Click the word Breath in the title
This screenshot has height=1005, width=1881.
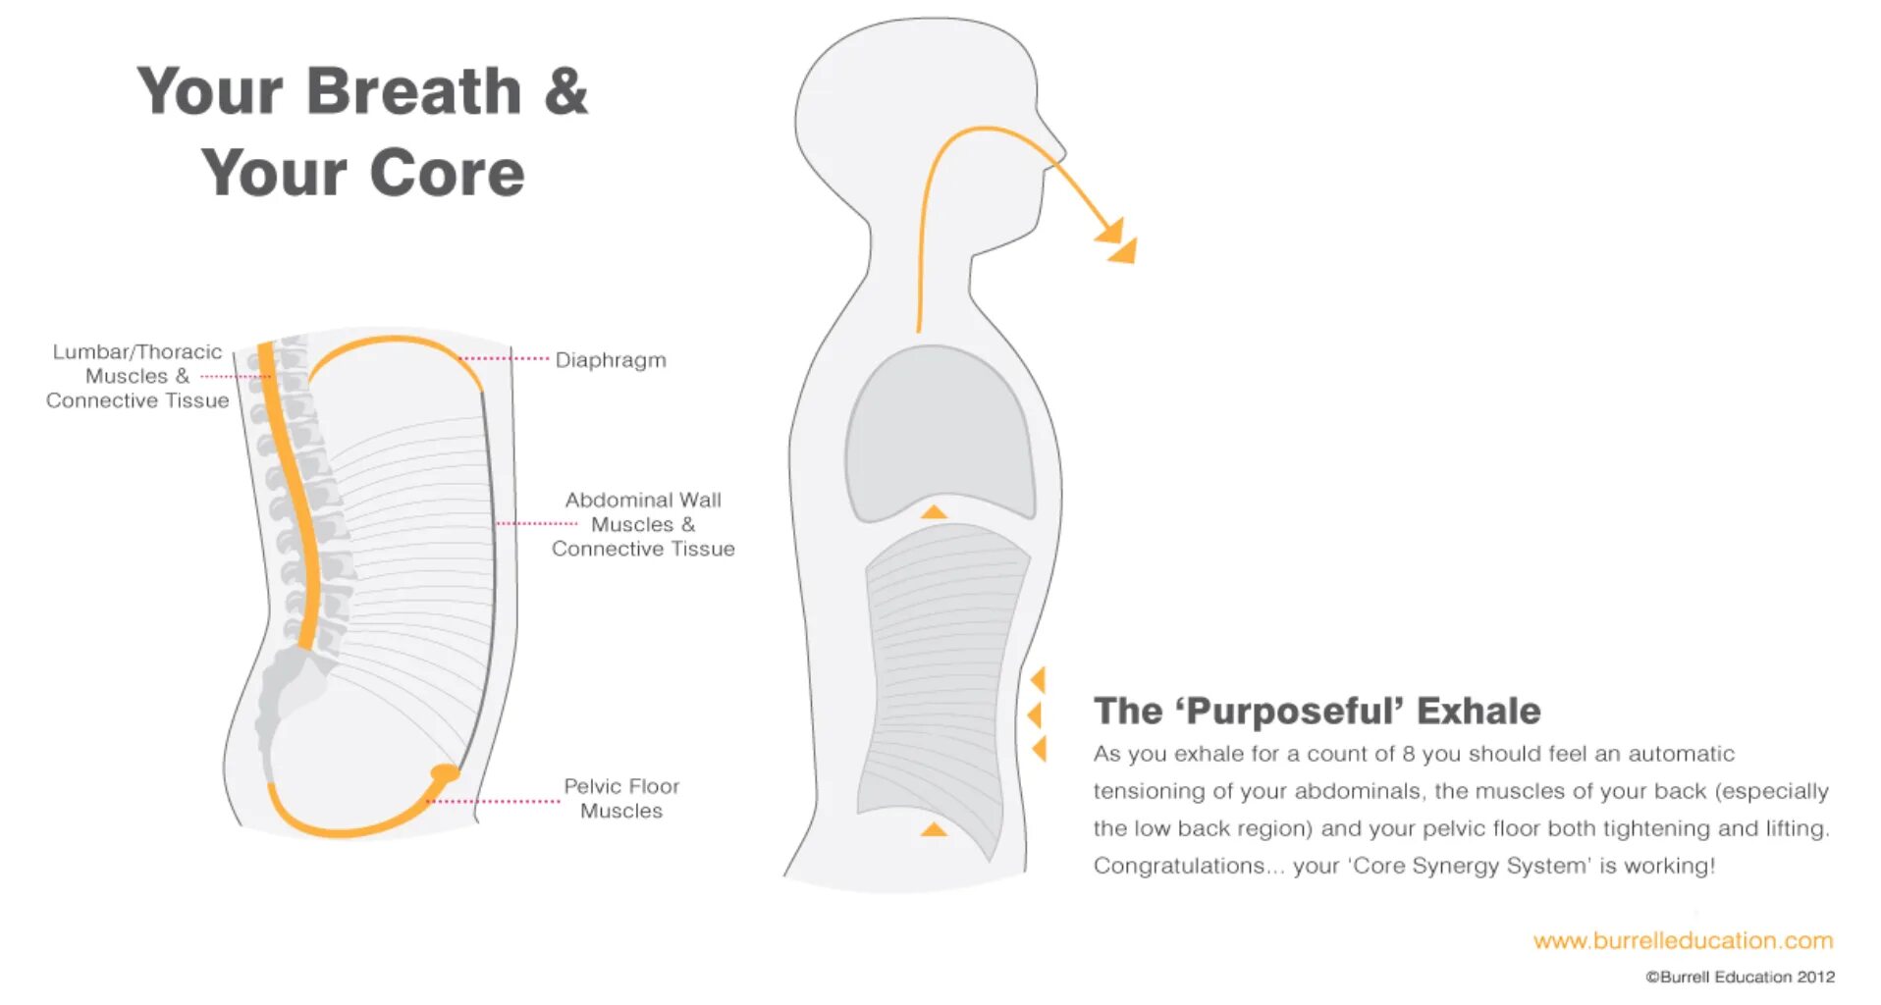pos(413,91)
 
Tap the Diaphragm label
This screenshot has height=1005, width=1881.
pos(610,360)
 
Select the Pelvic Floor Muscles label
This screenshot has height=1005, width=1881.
pos(620,798)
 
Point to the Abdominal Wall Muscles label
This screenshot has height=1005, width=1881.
pos(643,524)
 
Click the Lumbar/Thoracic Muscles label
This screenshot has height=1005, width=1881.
pos(136,376)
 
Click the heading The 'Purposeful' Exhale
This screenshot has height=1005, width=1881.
pos(1317,711)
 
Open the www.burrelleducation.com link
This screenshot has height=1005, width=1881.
pos(1683,940)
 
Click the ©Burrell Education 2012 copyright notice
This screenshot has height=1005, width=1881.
pos(1740,977)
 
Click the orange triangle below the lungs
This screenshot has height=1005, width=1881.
pos(934,511)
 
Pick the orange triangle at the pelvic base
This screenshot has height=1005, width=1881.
pos(934,830)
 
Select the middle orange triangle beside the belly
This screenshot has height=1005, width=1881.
pos(1035,714)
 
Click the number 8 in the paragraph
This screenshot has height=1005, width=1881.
pos(1408,754)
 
